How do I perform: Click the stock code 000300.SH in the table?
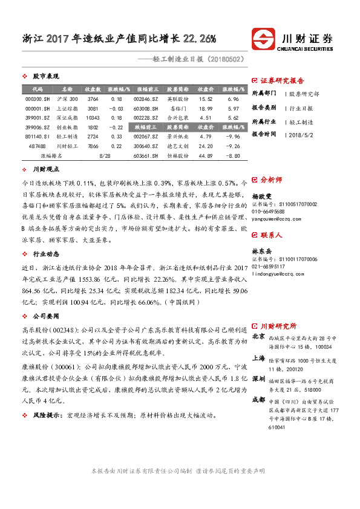click(x=37, y=98)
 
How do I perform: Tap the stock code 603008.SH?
click(x=146, y=108)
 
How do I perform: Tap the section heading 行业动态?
click(x=45, y=255)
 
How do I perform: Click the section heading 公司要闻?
click(x=45, y=316)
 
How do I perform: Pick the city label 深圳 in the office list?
click(x=258, y=378)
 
